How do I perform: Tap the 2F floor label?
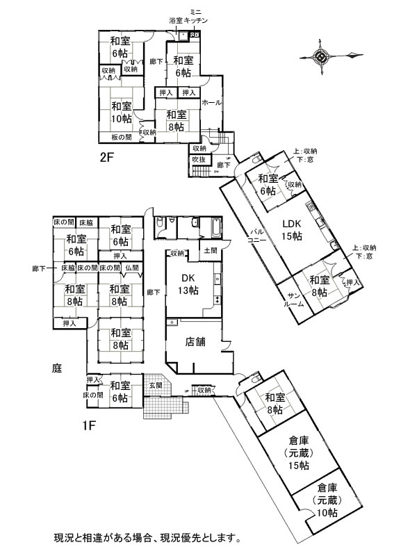pyautogui.click(x=106, y=157)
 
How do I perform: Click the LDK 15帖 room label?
pyautogui.click(x=292, y=230)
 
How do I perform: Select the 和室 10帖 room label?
pyautogui.click(x=121, y=112)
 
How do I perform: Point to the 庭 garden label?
pyautogui.click(x=57, y=369)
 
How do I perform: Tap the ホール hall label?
pyautogui.click(x=211, y=103)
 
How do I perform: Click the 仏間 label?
pyautogui.click(x=131, y=268)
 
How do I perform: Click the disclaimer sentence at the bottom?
pyautogui.click(x=147, y=537)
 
